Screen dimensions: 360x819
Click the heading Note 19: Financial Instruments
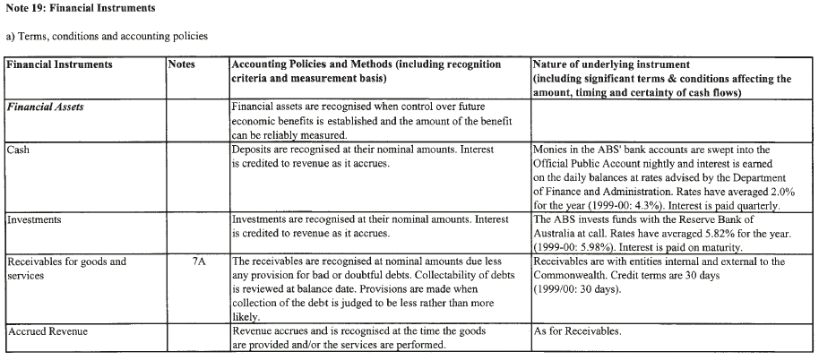point(78,8)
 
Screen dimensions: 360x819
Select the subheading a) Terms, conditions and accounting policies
point(106,36)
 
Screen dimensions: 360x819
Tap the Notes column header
point(184,65)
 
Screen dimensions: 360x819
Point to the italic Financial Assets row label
point(47,106)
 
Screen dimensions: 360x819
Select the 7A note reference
point(199,261)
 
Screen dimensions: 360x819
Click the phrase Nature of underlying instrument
point(611,65)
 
